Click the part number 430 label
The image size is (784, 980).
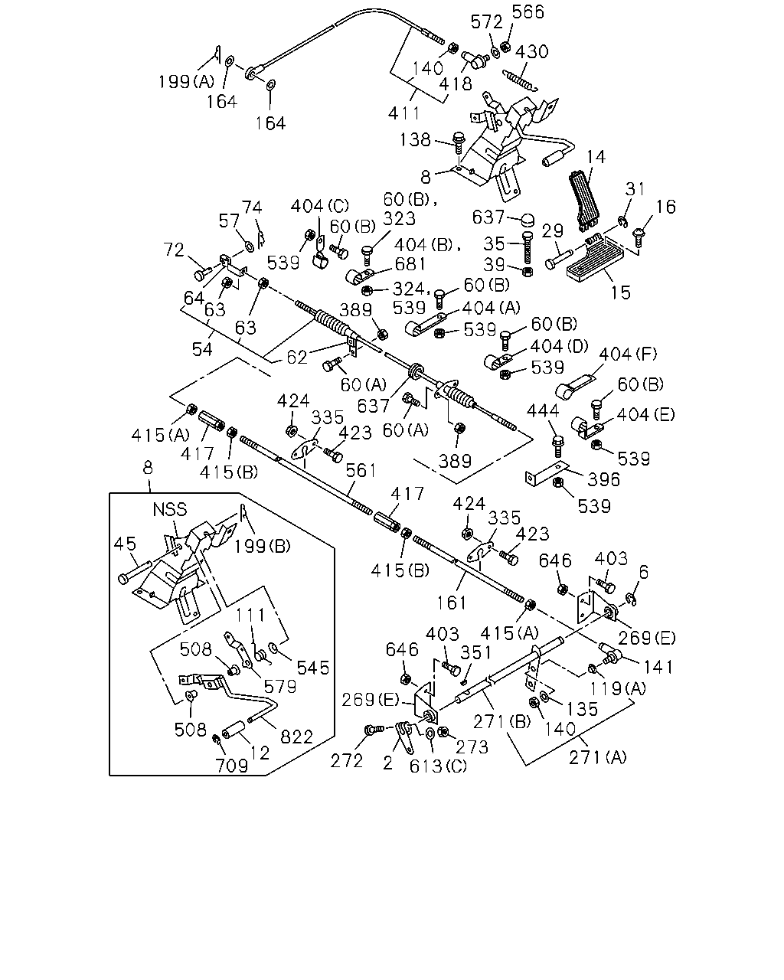point(531,51)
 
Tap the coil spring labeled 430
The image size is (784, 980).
point(521,80)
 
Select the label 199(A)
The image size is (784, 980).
point(186,81)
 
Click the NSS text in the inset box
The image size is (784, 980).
point(169,509)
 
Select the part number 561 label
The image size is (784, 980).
point(361,470)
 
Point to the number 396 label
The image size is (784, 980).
point(603,479)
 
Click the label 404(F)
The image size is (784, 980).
point(628,354)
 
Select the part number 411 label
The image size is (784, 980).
point(403,113)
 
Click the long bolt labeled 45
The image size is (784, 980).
point(135,572)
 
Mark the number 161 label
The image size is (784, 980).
point(452,603)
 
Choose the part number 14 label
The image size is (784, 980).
point(596,157)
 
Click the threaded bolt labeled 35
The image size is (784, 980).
point(528,247)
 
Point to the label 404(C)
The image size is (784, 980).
point(320,206)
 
